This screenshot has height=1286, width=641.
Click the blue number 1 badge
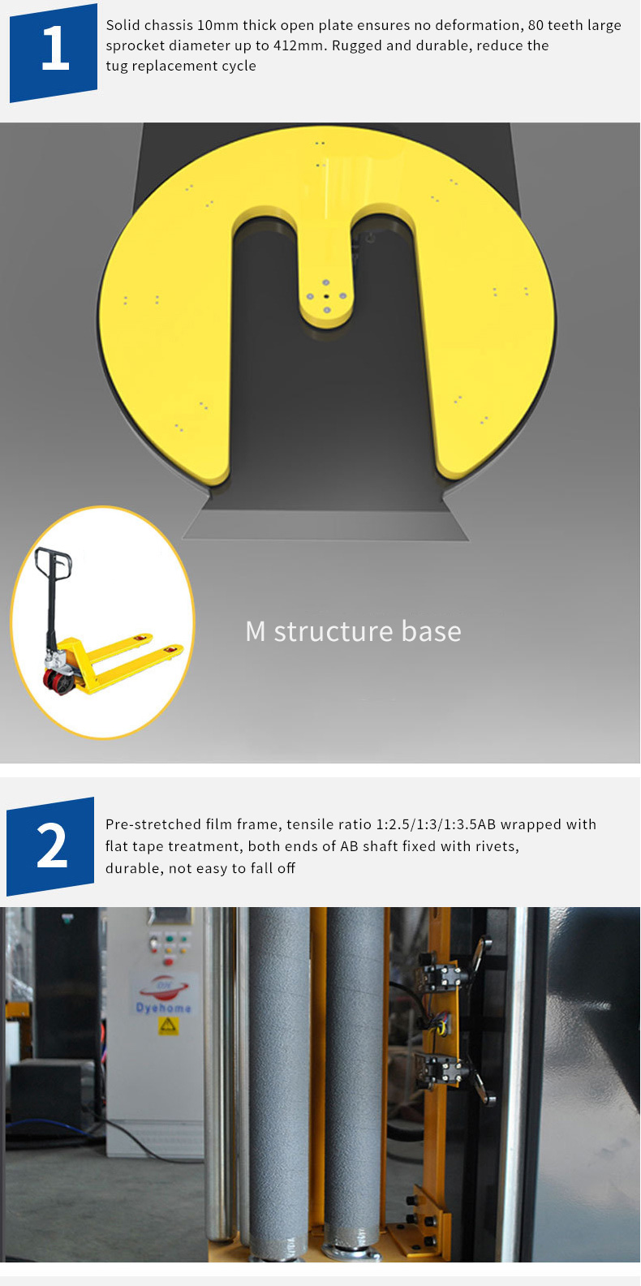(x=54, y=53)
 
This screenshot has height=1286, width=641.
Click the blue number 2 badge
(x=50, y=846)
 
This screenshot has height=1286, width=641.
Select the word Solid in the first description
(x=121, y=25)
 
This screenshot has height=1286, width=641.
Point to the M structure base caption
(x=353, y=631)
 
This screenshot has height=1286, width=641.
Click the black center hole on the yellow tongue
(x=325, y=296)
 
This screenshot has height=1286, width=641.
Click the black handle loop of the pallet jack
(x=53, y=562)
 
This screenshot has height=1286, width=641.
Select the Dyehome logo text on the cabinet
(x=164, y=1007)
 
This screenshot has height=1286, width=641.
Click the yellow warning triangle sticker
(x=168, y=1026)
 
